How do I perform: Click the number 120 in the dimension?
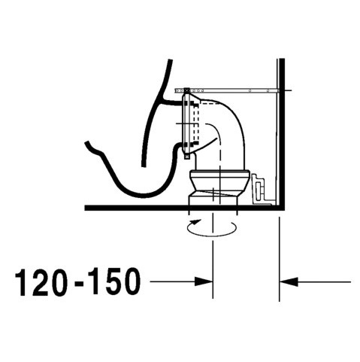point(42,283)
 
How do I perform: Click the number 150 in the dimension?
point(111,283)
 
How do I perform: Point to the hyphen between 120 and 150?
point(77,284)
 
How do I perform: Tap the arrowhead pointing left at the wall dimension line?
point(289,281)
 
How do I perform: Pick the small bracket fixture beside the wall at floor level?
point(260,187)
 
